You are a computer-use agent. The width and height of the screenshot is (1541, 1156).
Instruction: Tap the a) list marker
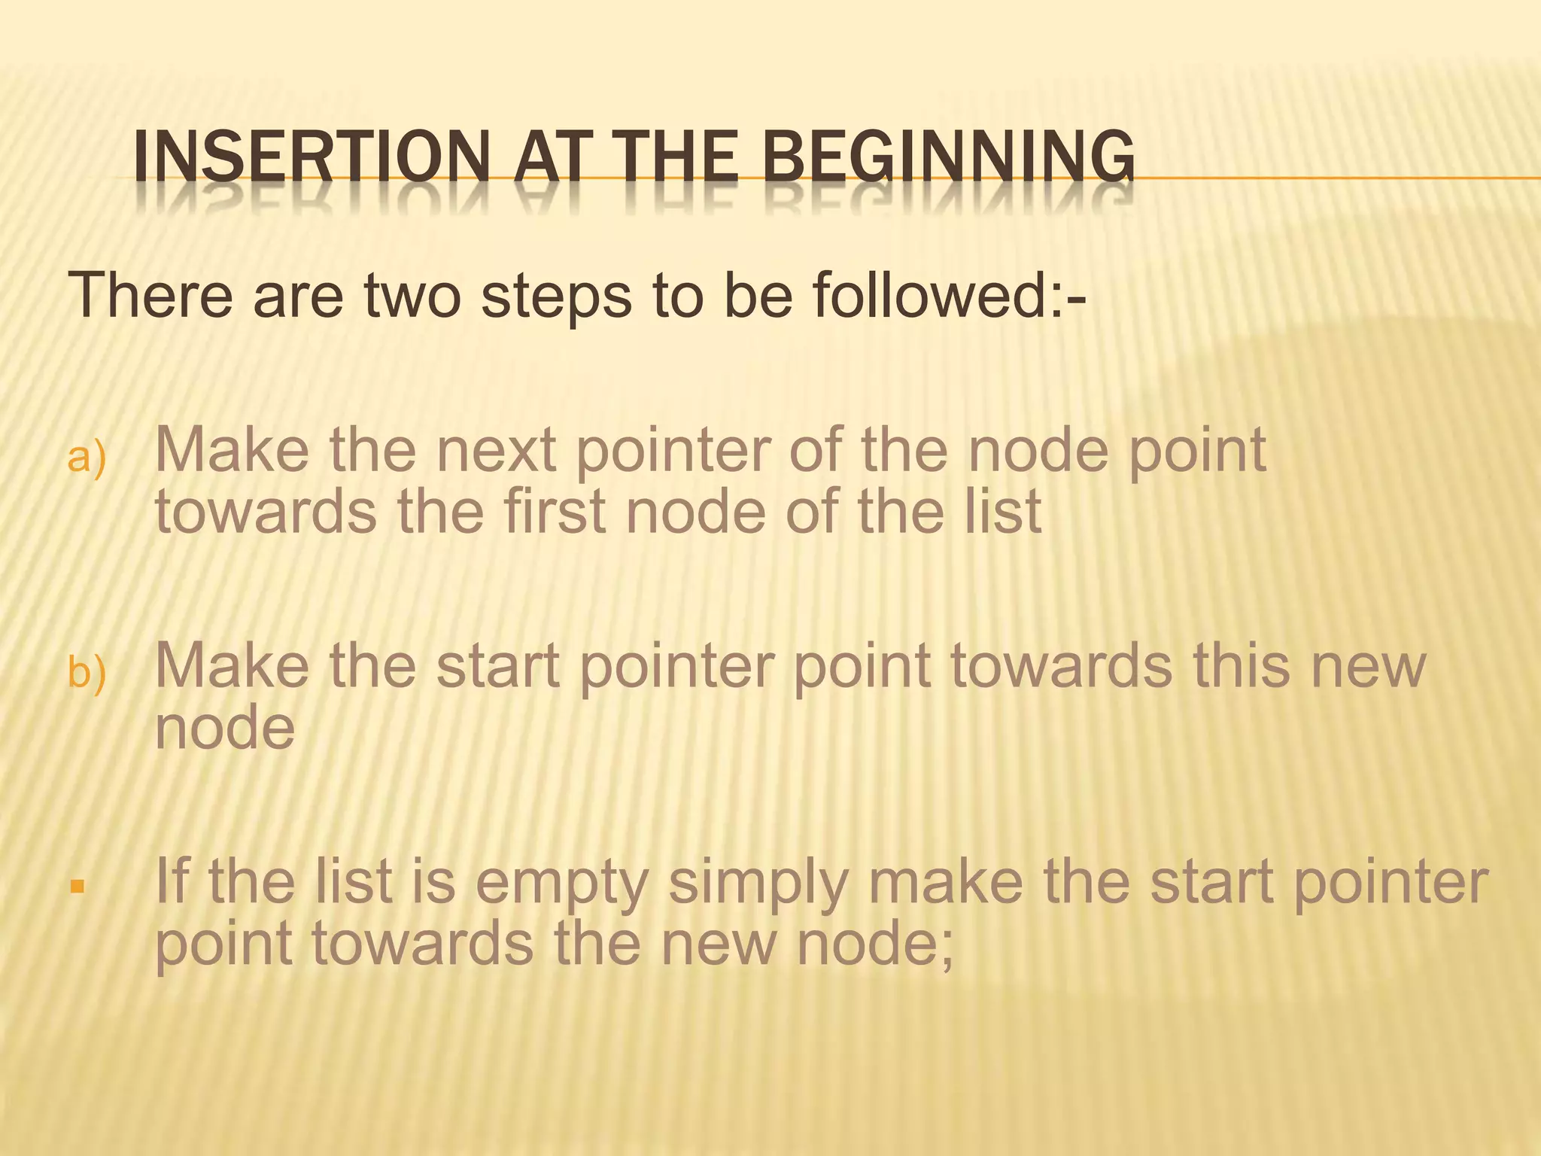pyautogui.click(x=87, y=458)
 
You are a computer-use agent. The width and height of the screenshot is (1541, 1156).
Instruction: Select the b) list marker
pyautogui.click(x=87, y=672)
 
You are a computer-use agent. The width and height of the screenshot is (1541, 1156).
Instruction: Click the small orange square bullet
pyautogui.click(x=76, y=886)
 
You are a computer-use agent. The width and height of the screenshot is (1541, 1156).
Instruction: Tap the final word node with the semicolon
pyautogui.click(x=875, y=944)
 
